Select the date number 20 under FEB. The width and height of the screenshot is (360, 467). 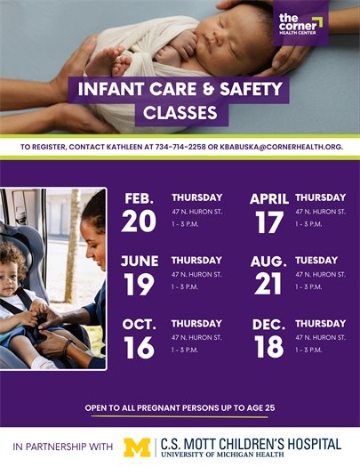click(x=139, y=221)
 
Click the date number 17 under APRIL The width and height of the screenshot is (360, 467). click(x=269, y=221)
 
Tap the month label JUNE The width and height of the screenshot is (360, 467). click(x=140, y=261)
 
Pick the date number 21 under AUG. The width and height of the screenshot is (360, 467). click(x=269, y=285)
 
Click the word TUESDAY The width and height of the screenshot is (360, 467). click(x=316, y=260)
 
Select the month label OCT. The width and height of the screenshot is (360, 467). click(x=140, y=324)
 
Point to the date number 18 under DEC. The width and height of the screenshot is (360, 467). click(x=269, y=348)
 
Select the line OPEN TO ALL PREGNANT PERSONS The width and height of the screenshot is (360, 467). click(x=180, y=407)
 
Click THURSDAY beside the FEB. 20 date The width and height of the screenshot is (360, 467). click(x=196, y=197)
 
